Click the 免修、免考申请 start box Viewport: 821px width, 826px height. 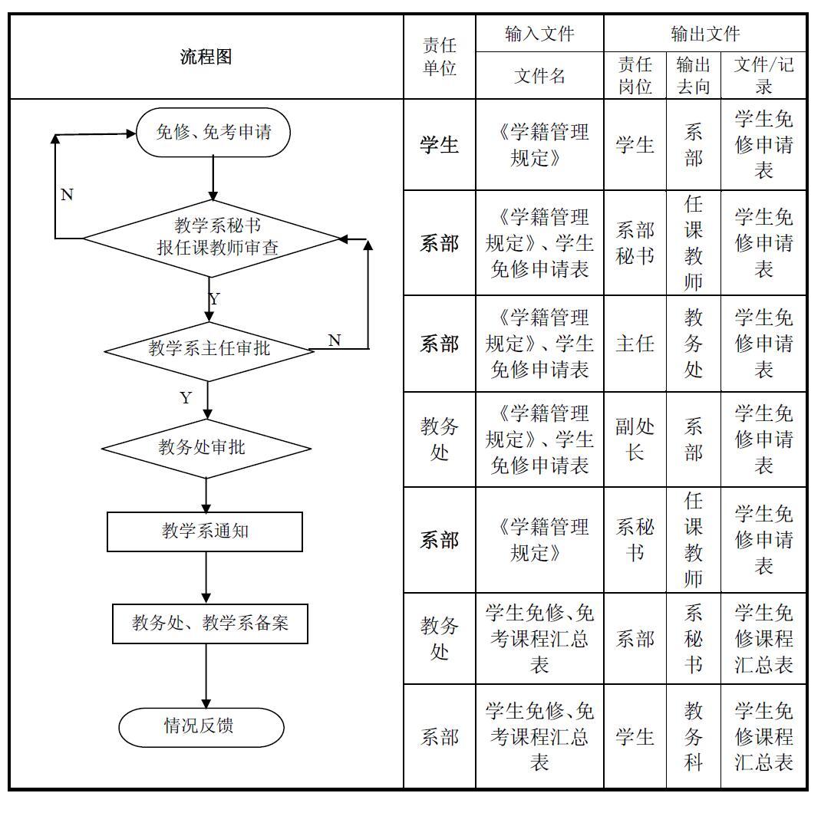[x=213, y=133]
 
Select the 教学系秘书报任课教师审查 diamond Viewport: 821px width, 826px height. [x=212, y=238]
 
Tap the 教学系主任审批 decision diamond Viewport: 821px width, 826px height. [x=209, y=349]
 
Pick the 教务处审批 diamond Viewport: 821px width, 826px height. [x=206, y=448]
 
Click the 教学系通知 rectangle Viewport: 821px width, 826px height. [x=205, y=531]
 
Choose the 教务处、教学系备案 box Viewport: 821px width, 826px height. [x=209, y=624]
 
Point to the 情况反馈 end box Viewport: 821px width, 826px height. [x=201, y=726]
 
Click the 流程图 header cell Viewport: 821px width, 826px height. [x=206, y=57]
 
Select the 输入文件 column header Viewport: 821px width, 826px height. [x=539, y=34]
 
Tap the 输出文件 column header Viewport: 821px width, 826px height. [x=705, y=34]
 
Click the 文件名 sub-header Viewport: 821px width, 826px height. [x=539, y=76]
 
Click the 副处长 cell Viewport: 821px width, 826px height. [x=635, y=439]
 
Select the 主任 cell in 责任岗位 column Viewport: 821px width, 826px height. [x=635, y=344]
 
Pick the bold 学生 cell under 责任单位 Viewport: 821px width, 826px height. [x=440, y=145]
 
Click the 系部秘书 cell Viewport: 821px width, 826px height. [x=635, y=243]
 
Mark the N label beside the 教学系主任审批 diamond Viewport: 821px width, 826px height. [x=335, y=341]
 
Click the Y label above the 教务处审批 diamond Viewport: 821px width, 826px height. [x=186, y=398]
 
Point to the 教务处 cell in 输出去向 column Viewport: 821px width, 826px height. [x=693, y=344]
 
